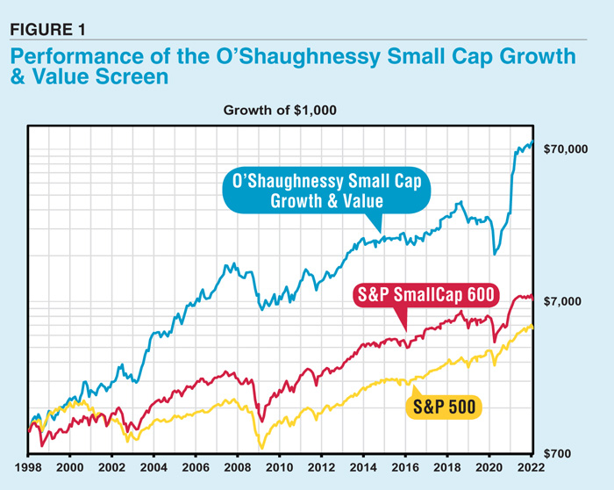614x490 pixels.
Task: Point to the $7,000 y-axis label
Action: [x=564, y=301]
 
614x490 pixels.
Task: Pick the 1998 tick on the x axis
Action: [x=29, y=469]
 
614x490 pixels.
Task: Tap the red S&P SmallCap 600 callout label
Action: [x=425, y=294]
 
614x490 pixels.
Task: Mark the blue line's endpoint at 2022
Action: [x=532, y=142]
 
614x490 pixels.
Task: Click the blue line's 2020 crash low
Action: [x=496, y=253]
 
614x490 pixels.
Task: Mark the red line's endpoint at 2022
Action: [x=532, y=297]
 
